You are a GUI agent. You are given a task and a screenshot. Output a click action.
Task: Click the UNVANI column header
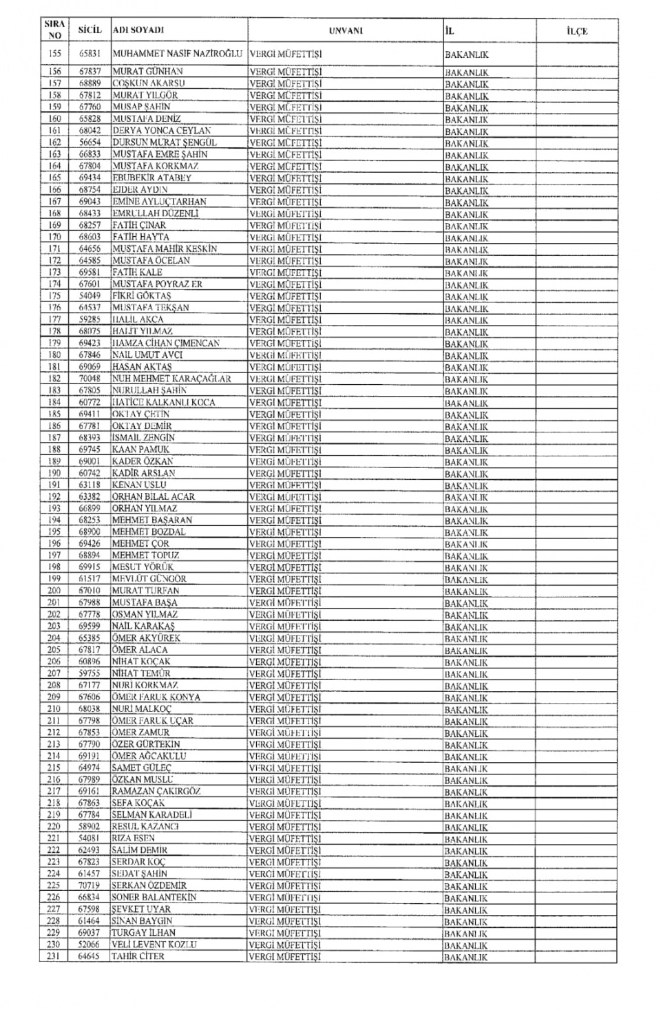[x=346, y=31]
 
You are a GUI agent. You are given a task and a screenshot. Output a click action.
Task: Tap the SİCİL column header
[x=90, y=30]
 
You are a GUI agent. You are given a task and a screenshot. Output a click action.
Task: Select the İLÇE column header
[x=576, y=31]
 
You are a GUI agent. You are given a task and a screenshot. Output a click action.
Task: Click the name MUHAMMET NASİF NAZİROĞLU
[x=178, y=53]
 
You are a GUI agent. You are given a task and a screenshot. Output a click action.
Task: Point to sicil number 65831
[x=90, y=53]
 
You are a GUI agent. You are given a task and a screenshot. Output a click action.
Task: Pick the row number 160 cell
[x=55, y=118]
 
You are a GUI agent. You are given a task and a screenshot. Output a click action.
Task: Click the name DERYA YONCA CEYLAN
[x=162, y=130]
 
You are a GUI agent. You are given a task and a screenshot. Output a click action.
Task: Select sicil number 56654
[x=90, y=142]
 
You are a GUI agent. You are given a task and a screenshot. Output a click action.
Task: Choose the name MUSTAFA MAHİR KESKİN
[x=165, y=249]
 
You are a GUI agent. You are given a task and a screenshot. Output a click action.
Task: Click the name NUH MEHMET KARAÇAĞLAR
[x=171, y=378]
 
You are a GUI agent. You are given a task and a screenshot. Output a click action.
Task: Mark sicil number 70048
[x=90, y=378]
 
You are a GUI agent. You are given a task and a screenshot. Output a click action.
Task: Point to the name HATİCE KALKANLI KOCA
[x=164, y=402]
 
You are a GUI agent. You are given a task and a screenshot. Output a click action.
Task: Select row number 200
[x=55, y=590]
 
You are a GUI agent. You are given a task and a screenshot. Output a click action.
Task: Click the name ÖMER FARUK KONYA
[x=156, y=697]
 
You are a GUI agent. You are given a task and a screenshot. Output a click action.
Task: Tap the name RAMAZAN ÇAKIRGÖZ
[x=156, y=791]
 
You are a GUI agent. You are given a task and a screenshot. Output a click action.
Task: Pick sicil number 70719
[x=90, y=885]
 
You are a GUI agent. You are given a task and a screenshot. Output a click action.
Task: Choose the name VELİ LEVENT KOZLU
[x=154, y=945]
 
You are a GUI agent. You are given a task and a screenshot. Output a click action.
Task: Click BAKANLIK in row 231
[x=466, y=957]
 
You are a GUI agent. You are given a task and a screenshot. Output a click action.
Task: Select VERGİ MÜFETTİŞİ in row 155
[x=285, y=53]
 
